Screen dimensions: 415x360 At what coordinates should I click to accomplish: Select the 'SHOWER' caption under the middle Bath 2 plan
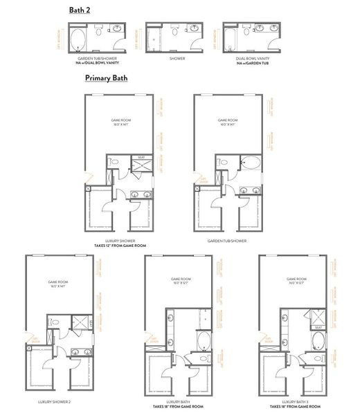(x=177, y=59)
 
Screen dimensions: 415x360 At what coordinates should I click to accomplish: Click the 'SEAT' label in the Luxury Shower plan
(x=141, y=156)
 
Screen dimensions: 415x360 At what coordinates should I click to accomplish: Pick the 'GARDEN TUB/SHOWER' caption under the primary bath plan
(x=228, y=241)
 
